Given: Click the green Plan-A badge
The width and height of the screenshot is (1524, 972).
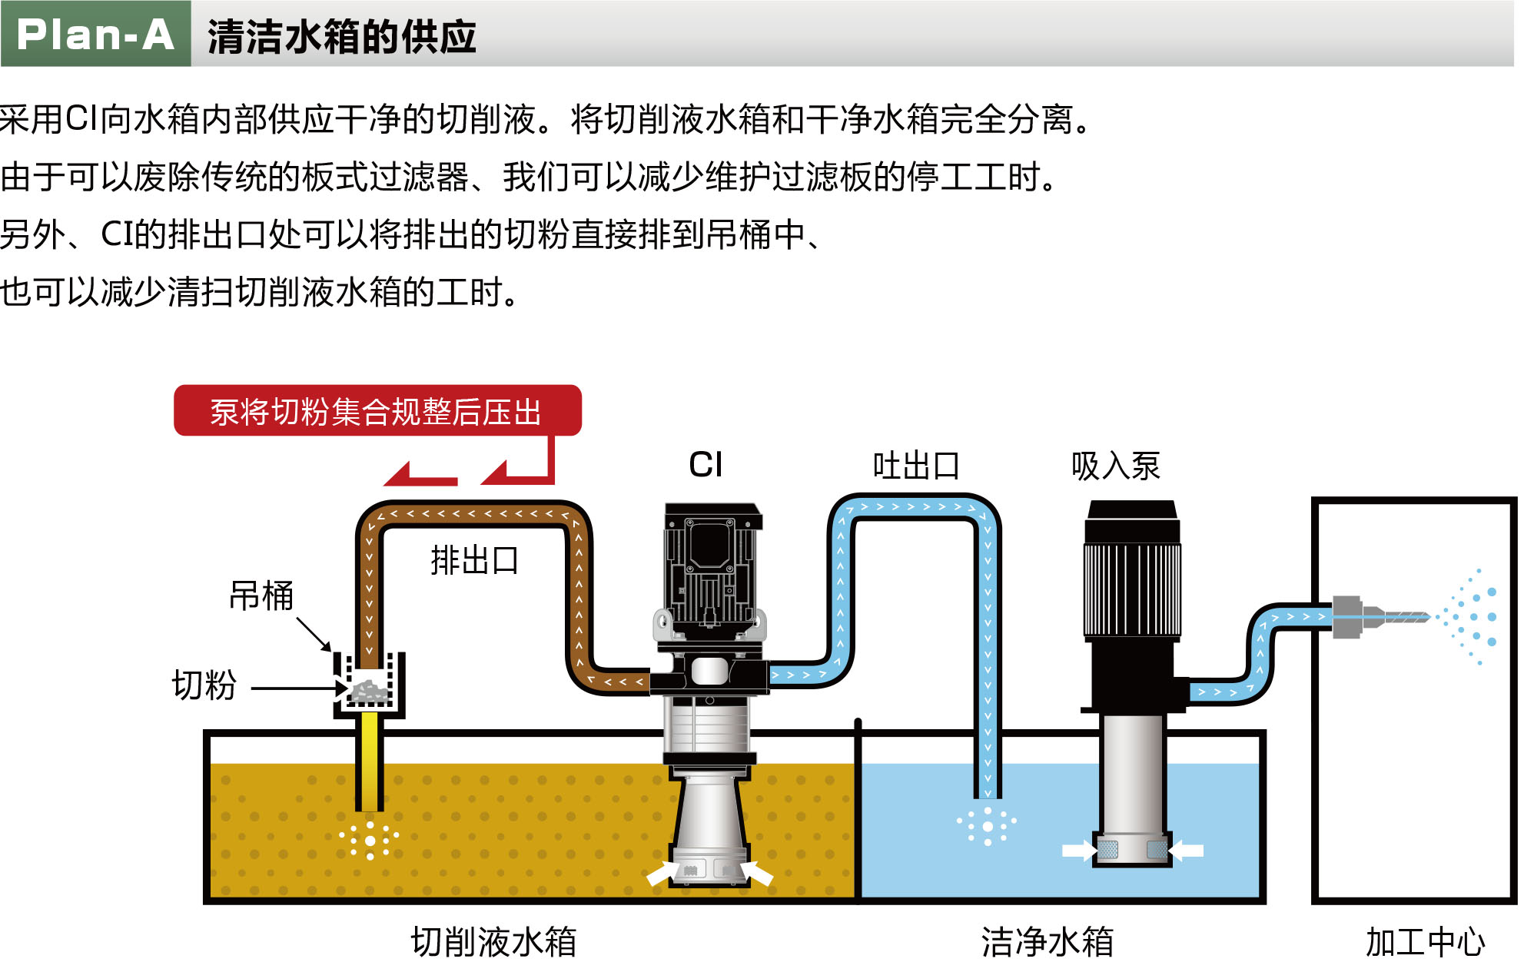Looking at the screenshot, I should point(95,34).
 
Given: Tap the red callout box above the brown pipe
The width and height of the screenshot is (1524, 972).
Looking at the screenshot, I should point(377,411).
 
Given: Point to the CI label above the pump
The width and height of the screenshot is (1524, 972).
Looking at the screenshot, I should point(706,465).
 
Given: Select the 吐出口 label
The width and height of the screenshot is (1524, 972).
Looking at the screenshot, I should point(916,466).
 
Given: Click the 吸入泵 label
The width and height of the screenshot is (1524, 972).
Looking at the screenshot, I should point(1115,466).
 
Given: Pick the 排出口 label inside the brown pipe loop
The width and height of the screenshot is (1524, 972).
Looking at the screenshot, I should point(474,560).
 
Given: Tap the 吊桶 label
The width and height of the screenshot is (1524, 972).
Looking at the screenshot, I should point(261,595).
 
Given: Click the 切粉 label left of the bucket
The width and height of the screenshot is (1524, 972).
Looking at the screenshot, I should point(204,685).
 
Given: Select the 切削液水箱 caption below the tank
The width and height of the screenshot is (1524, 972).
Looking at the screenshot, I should point(493,942).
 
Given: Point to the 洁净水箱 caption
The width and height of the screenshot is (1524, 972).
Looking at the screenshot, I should point(1047,942).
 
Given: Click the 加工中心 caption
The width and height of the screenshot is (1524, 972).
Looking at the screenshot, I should point(1425,942).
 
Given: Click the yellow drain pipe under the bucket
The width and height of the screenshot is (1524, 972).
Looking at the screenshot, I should point(370,761).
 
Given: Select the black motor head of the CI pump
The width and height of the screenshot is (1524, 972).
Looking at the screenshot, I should point(712,569).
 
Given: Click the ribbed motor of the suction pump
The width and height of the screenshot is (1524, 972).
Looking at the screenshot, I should point(1132,588).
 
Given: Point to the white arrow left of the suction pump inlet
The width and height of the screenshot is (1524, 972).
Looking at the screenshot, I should point(1078,850).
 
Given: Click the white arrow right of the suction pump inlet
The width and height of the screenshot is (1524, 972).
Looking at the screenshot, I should point(1187,850).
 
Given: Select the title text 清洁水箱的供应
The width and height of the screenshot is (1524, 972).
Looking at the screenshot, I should point(342,37).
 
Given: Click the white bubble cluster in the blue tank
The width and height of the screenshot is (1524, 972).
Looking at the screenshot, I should point(988,826).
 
